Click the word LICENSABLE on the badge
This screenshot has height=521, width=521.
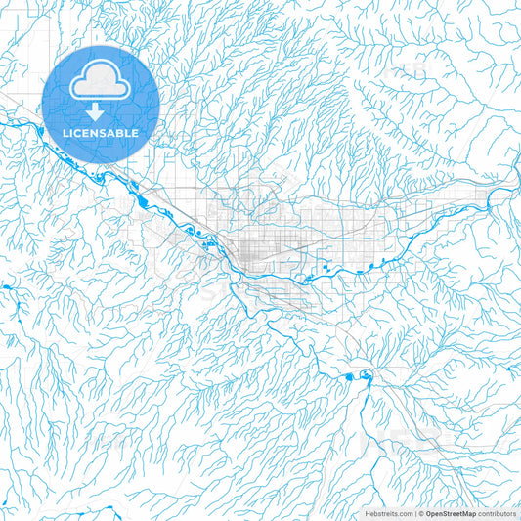click(x=100, y=132)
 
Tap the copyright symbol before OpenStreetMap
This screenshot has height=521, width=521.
click(x=420, y=513)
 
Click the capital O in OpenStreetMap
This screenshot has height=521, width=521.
click(x=428, y=513)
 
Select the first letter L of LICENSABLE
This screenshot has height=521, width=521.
click(x=66, y=132)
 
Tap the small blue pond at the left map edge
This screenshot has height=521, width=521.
click(x=4, y=286)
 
